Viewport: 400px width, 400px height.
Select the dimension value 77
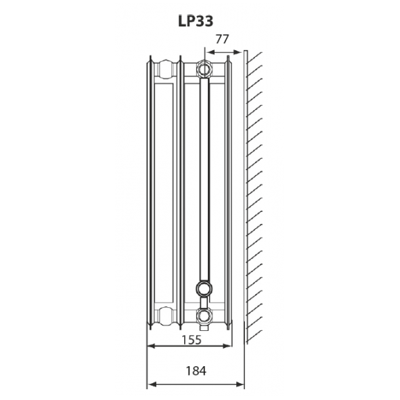[221, 39]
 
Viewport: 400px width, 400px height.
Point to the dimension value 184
[196, 370]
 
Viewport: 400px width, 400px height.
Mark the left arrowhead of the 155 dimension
[150, 347]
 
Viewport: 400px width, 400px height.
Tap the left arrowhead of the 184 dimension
[150, 385]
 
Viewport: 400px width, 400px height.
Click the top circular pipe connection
[204, 68]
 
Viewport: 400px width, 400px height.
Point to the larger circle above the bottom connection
[204, 290]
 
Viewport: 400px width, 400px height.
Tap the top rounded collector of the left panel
[164, 68]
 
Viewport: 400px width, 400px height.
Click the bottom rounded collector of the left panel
[164, 314]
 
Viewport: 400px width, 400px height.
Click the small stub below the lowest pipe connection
[204, 326]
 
